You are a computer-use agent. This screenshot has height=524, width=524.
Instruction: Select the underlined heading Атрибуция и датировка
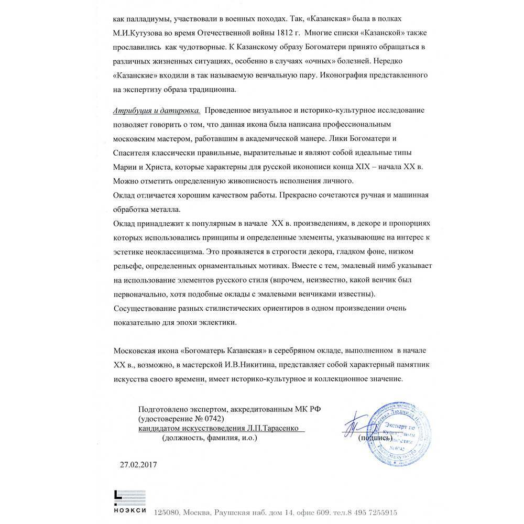(x=156, y=111)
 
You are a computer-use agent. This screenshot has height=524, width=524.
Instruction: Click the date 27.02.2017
(x=138, y=464)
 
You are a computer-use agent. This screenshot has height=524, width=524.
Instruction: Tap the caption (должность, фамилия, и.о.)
(x=210, y=438)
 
